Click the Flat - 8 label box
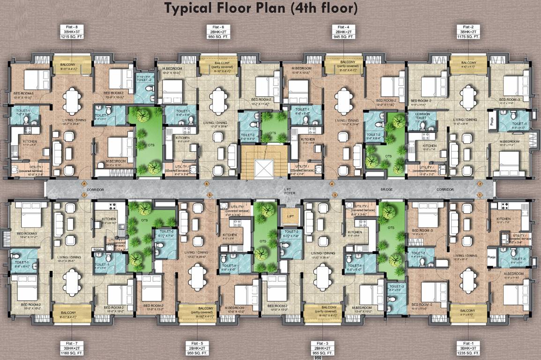point(72,32)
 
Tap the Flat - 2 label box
point(468,32)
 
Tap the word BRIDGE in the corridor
point(386,189)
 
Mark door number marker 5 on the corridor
point(210,194)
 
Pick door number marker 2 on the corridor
point(480,184)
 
